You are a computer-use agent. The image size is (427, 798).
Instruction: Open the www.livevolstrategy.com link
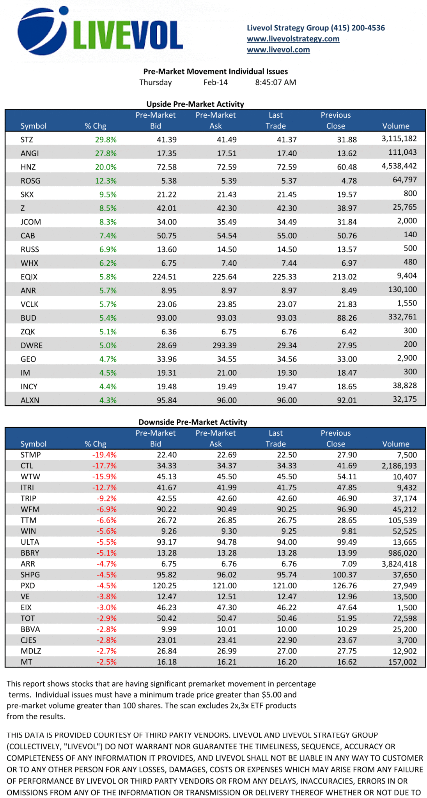293,39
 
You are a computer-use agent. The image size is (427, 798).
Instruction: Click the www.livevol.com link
278,50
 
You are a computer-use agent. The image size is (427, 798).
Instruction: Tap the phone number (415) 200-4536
358,28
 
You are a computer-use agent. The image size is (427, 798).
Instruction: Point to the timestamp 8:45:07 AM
275,83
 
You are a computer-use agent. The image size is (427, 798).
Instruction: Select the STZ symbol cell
27,140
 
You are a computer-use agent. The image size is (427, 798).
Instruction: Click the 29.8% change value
106,140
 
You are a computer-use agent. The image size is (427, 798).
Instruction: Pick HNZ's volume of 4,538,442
399,166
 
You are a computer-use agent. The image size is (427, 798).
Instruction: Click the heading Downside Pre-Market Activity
193,422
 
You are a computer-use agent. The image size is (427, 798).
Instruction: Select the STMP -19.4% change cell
104,455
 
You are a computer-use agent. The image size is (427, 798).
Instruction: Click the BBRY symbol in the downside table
30,553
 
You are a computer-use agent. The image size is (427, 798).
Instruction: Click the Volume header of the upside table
395,126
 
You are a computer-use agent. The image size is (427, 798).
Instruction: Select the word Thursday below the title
155,83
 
